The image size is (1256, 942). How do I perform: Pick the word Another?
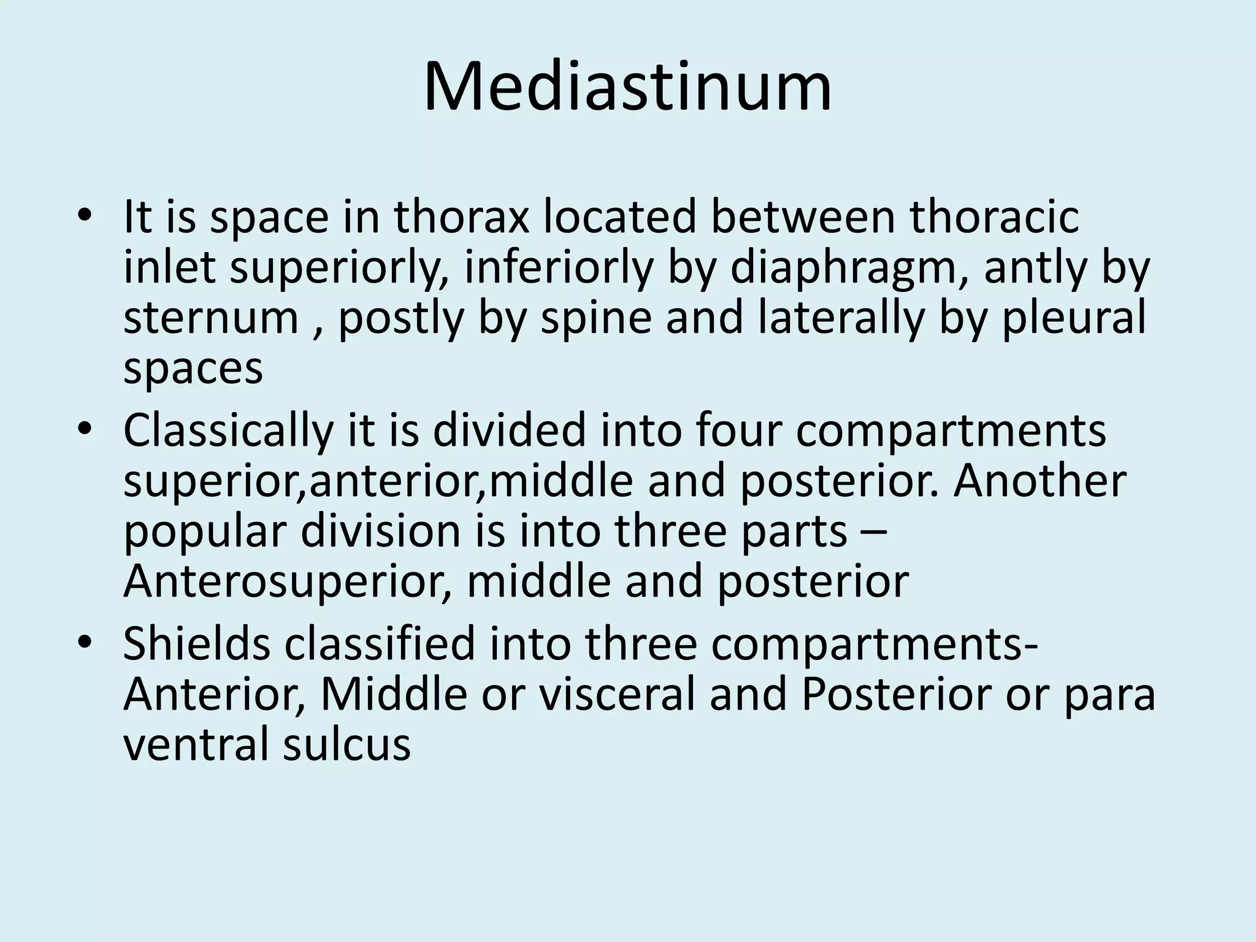tap(1040, 480)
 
